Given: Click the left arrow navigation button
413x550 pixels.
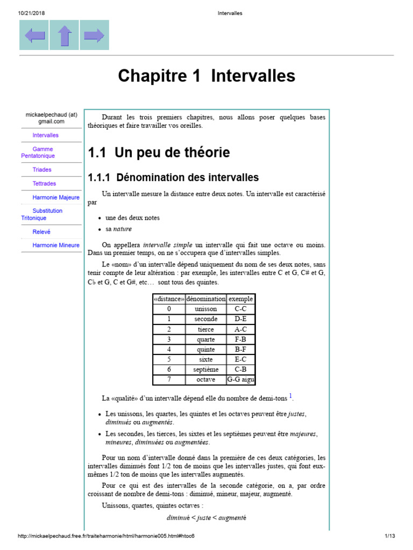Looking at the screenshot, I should pyautogui.click(x=34, y=35).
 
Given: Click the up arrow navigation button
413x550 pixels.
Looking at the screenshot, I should pyautogui.click(x=65, y=35).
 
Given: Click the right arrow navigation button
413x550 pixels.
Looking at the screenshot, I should pyautogui.click(x=94, y=35).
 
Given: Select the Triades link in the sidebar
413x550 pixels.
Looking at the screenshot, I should pyautogui.click(x=42, y=170).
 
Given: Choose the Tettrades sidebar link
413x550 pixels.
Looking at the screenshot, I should pyautogui.click(x=44, y=184).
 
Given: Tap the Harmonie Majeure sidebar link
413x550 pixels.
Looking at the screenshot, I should pyautogui.click(x=55, y=198).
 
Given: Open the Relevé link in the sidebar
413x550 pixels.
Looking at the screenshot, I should pyautogui.click(x=41, y=232).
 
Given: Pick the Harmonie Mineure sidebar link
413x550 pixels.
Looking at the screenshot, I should pyautogui.click(x=55, y=245).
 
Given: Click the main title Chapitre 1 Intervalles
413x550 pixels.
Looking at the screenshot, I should pyautogui.click(x=206, y=76).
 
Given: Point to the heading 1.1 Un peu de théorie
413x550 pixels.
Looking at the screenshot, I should pyautogui.click(x=159, y=153).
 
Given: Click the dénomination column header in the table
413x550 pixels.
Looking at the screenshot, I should pyautogui.click(x=205, y=299).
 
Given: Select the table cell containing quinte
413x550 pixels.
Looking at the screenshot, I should pyautogui.click(x=205, y=350).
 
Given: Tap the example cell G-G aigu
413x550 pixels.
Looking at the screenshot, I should pyautogui.click(x=240, y=380).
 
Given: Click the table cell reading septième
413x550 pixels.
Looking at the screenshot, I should pyautogui.click(x=205, y=370).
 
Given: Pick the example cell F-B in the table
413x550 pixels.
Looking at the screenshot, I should pyautogui.click(x=240, y=339).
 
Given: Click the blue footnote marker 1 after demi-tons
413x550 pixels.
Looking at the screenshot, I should pyautogui.click(x=290, y=396).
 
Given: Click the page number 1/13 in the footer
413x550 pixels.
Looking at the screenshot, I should pyautogui.click(x=390, y=536).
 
